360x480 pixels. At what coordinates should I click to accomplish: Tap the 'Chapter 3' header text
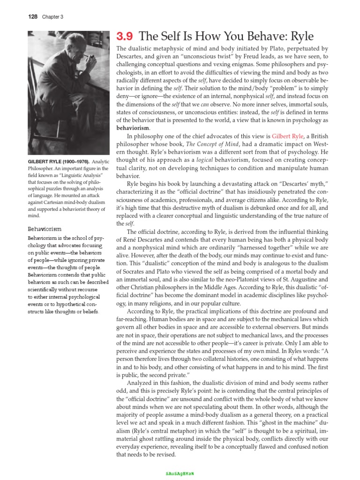pyautogui.click(x=52, y=17)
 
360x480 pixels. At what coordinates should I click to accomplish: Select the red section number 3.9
pyautogui.click(x=125, y=37)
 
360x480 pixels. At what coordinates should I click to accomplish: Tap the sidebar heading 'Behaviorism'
pyautogui.click(x=45, y=229)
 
